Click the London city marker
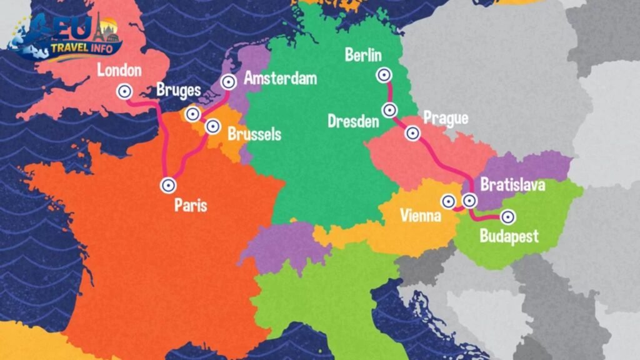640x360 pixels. click(124, 92)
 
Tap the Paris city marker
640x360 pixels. click(168, 185)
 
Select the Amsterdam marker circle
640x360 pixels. click(229, 81)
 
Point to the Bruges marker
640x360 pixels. click(192, 114)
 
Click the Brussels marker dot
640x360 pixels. click(212, 127)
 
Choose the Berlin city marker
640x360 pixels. click(383, 75)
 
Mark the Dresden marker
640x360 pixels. click(390, 110)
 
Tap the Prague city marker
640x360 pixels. click(412, 133)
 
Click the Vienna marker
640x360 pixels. click(448, 201)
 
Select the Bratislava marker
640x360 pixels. click(469, 201)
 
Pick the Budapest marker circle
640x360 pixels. click(508, 217)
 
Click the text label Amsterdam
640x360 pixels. click(280, 78)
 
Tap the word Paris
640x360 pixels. click(191, 206)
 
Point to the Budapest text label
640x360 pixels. click(509, 236)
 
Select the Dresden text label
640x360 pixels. click(353, 121)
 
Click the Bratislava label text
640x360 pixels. click(512, 185)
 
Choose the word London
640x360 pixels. click(119, 70)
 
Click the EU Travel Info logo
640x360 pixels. click(66, 37)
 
